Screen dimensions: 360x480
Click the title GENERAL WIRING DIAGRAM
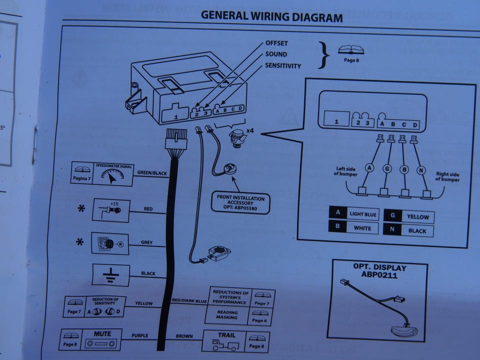[271, 16]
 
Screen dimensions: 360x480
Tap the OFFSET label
[276, 44]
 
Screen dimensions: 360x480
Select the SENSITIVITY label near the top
[283, 65]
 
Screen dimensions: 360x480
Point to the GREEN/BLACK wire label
[151, 173]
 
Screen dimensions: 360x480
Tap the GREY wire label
[146, 243]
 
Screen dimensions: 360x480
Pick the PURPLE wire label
[140, 335]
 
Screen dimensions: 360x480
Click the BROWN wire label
[184, 336]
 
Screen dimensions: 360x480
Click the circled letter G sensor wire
[386, 169]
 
